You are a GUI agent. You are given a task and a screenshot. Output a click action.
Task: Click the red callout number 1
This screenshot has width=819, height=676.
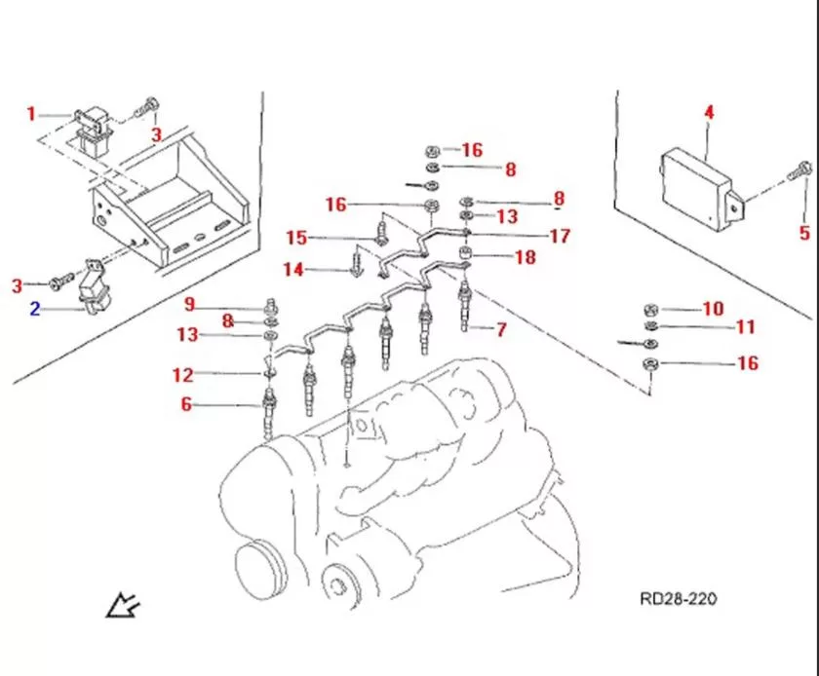click(30, 114)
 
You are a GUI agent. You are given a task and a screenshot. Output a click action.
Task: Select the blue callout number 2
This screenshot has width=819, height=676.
click(35, 310)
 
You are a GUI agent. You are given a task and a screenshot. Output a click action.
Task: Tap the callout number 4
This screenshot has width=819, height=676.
click(709, 113)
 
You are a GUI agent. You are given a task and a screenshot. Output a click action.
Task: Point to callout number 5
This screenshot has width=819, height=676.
click(804, 233)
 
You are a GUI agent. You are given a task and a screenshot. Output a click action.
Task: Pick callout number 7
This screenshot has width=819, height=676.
click(500, 330)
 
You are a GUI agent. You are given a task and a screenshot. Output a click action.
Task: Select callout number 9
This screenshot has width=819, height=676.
click(189, 303)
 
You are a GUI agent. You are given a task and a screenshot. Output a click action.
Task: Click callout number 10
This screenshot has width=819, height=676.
click(713, 309)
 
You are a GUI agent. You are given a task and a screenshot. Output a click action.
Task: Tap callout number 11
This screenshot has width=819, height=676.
click(746, 326)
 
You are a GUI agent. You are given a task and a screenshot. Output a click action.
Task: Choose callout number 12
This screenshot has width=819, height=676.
click(183, 374)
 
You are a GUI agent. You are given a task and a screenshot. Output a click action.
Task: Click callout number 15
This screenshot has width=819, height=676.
click(296, 238)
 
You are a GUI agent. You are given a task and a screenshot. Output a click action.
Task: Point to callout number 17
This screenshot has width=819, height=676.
click(559, 236)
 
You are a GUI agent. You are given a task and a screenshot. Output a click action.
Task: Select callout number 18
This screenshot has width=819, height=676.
click(526, 258)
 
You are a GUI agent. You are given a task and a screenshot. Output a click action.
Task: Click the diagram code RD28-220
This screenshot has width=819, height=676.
click(677, 598)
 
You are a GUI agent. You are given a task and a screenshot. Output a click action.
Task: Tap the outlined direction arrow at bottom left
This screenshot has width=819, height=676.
click(124, 607)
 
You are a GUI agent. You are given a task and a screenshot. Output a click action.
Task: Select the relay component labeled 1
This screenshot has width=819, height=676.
click(96, 127)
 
